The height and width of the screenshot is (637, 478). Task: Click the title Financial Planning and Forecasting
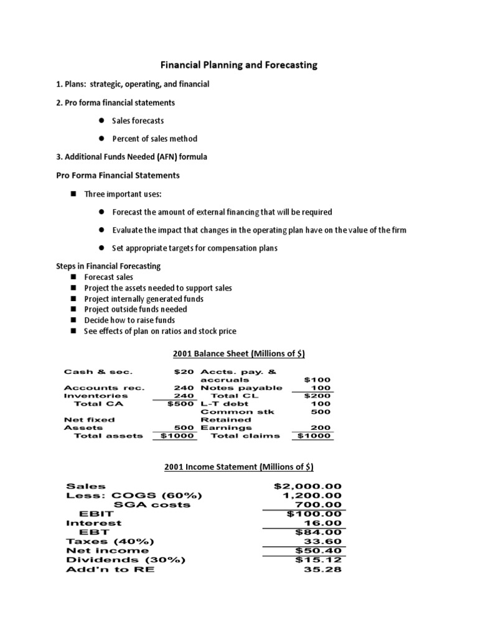pyautogui.click(x=239, y=65)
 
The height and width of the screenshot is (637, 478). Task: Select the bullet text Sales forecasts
pyautogui.click(x=138, y=121)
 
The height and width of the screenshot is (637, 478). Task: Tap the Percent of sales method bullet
pyautogui.click(x=154, y=139)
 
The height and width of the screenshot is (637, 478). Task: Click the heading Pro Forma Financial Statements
pyautogui.click(x=118, y=175)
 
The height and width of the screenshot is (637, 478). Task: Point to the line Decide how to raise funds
pyautogui.click(x=129, y=320)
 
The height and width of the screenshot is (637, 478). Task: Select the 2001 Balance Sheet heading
pyautogui.click(x=238, y=354)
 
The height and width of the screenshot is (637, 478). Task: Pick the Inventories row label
pyautogui.click(x=96, y=396)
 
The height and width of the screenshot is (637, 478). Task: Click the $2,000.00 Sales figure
pyautogui.click(x=303, y=486)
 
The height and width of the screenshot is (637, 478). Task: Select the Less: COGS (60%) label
pyautogui.click(x=134, y=495)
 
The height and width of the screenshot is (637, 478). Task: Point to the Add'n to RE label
pyautogui.click(x=110, y=569)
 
